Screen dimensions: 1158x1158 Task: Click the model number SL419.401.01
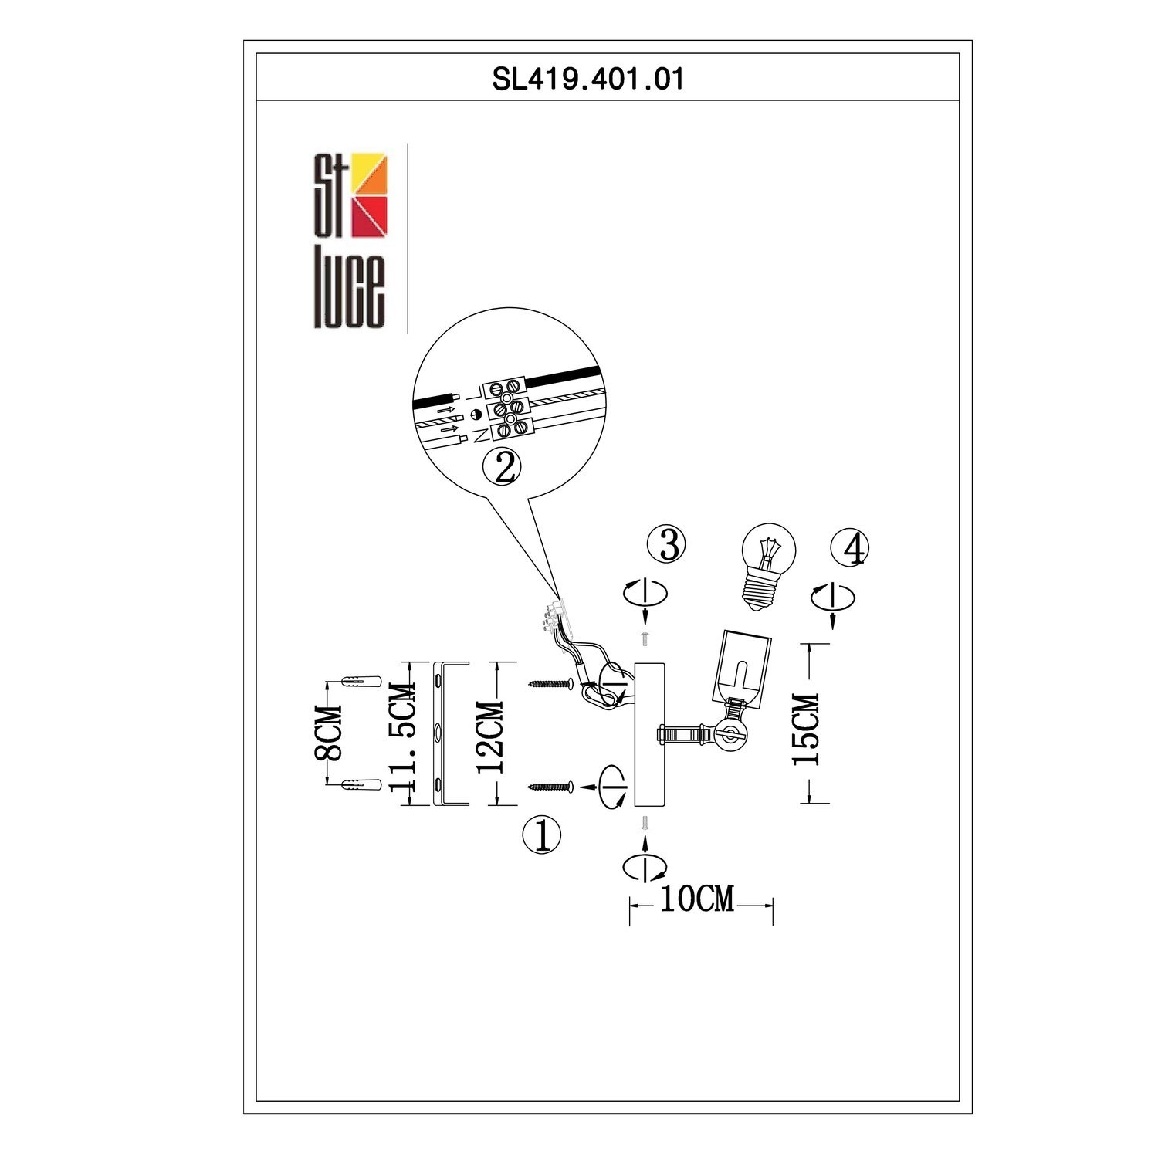588,79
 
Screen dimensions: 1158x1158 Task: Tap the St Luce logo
350,239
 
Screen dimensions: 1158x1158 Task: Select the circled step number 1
542,835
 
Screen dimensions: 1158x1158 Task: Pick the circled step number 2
502,467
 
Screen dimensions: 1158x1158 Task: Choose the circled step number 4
849,547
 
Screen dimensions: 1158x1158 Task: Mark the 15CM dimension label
807,728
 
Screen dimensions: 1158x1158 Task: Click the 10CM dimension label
696,899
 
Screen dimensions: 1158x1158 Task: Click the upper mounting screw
550,683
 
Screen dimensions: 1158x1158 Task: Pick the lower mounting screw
550,787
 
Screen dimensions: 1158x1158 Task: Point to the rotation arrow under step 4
833,598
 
